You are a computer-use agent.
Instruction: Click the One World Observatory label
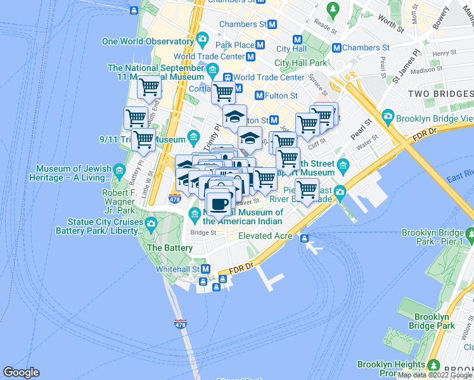[148, 41]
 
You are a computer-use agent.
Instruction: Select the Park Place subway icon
[260, 45]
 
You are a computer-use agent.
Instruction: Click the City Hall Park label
[301, 63]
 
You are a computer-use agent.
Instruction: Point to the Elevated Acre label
[265, 236]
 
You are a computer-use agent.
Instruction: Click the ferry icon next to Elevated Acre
[305, 238]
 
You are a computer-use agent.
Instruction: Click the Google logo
[21, 372]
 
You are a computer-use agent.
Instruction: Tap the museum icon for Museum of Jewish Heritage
[118, 169]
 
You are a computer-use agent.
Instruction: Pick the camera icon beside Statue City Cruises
[151, 223]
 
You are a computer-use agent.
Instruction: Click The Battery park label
[169, 248]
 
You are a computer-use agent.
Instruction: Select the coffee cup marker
[219, 204]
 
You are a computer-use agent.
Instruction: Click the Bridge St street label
[203, 232]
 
